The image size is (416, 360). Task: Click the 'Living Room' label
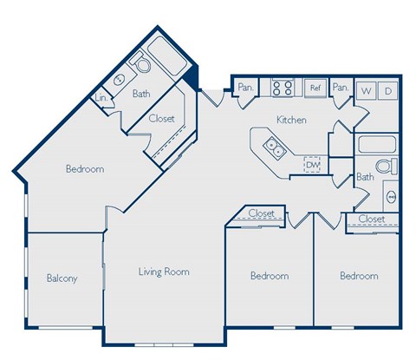tap(164, 272)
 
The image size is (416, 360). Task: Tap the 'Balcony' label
tap(62, 278)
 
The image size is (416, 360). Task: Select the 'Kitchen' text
tap(291, 120)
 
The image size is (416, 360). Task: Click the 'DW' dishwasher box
tap(312, 163)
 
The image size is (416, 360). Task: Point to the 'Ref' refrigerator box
tap(315, 88)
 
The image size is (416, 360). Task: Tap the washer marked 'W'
tap(366, 89)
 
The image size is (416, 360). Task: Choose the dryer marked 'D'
tap(387, 89)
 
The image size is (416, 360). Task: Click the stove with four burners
tap(283, 88)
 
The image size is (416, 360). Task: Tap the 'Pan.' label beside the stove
tap(245, 87)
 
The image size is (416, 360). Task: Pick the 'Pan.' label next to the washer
tap(340, 87)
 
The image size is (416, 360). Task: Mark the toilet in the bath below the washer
tap(387, 167)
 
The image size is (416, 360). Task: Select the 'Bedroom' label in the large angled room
tap(85, 169)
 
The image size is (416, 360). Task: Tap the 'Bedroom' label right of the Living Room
tap(269, 276)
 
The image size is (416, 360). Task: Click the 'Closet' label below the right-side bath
tap(371, 219)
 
